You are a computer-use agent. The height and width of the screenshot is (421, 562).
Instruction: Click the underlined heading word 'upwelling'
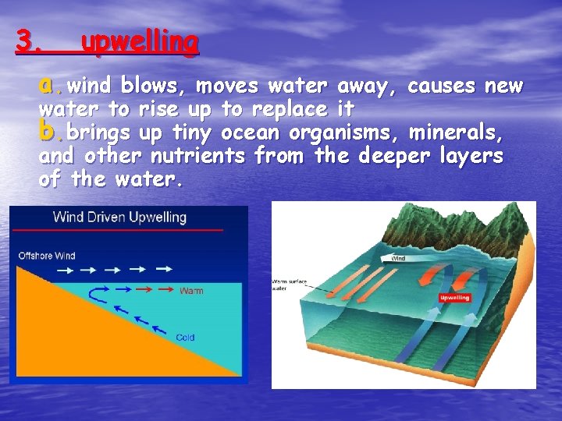click(140, 42)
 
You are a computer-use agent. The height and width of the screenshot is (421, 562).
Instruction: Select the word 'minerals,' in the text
click(463, 133)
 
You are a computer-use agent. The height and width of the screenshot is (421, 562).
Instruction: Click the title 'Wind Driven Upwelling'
click(119, 217)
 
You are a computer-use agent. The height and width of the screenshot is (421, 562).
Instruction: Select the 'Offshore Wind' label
click(48, 255)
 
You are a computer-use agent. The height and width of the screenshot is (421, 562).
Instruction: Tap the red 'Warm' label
click(191, 291)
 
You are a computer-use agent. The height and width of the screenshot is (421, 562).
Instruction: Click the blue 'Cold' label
click(185, 338)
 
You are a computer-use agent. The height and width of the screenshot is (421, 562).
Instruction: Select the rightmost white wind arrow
click(163, 270)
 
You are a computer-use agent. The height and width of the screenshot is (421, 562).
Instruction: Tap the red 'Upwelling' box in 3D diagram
click(454, 298)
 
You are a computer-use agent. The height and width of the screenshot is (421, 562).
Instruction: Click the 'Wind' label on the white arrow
click(398, 258)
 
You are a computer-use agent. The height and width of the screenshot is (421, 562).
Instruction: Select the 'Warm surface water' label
click(288, 284)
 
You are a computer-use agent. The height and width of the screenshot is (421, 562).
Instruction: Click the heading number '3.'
click(30, 42)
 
